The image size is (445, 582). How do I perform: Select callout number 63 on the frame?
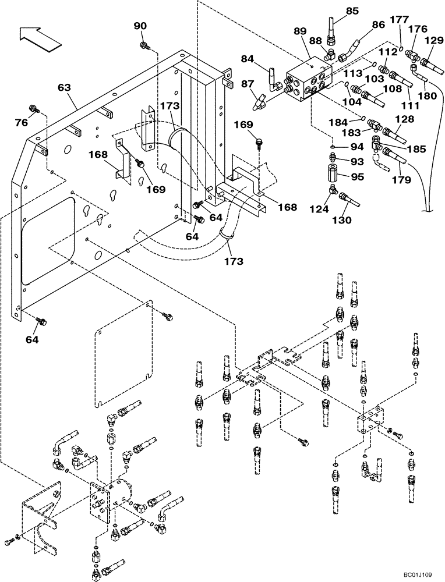pos(64,87)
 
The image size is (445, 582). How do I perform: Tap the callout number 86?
pos(378,25)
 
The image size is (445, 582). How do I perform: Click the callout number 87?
pos(247,83)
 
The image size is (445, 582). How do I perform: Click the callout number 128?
pos(407,119)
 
